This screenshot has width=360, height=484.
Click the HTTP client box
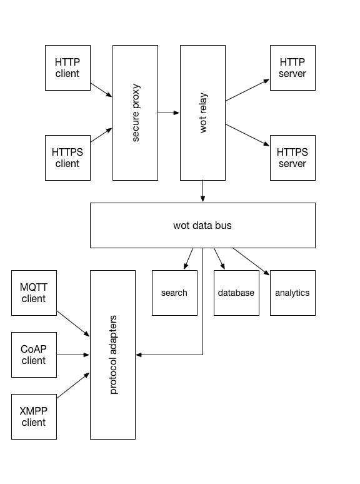pyautogui.click(x=67, y=68)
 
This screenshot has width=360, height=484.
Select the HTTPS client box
pyautogui.click(x=67, y=158)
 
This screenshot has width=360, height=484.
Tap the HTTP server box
pyautogui.click(x=292, y=68)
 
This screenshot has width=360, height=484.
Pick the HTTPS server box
pyautogui.click(x=292, y=158)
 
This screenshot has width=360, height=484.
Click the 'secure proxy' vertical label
pyautogui.click(x=136, y=113)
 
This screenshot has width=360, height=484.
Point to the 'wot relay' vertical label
pyautogui.click(x=203, y=113)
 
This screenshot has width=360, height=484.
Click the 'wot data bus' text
pyautogui.click(x=202, y=225)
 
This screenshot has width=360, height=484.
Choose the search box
pyautogui.click(x=174, y=293)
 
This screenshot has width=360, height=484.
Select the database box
pyautogui.click(x=236, y=293)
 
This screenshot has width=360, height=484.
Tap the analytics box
pyautogui.click(x=292, y=293)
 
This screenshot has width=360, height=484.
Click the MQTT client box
pyautogui.click(x=34, y=293)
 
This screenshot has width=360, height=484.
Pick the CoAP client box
pyautogui.click(x=34, y=355)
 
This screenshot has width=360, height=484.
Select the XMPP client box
pyautogui.click(x=34, y=416)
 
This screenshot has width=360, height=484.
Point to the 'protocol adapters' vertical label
pyautogui.click(x=113, y=355)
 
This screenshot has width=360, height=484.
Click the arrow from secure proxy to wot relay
pyautogui.click(x=168, y=113)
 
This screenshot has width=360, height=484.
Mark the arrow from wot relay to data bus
pyautogui.click(x=202, y=191)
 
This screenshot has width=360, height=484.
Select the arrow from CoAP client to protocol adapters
pyautogui.click(x=72, y=355)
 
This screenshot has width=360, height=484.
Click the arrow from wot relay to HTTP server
pyautogui.click(x=247, y=90)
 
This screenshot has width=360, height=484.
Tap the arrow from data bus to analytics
pyautogui.click(x=251, y=261)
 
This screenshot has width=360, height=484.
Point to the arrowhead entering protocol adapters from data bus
pyautogui.click(x=139, y=355)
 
